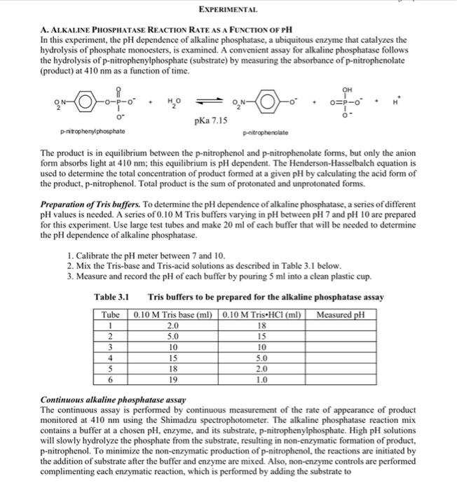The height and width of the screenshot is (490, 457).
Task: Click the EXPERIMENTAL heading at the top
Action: tap(228, 10)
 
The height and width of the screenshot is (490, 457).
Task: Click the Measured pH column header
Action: tap(341, 315)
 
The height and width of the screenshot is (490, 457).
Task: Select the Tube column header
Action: tap(111, 315)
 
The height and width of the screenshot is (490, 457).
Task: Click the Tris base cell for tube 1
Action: tap(172, 325)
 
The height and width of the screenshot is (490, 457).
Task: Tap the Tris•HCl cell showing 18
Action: tap(261, 325)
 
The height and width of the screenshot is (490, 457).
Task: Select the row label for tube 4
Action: tap(111, 357)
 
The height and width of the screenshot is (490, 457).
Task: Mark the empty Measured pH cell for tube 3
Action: tap(341, 346)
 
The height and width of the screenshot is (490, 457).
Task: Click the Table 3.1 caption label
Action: tap(111, 298)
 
